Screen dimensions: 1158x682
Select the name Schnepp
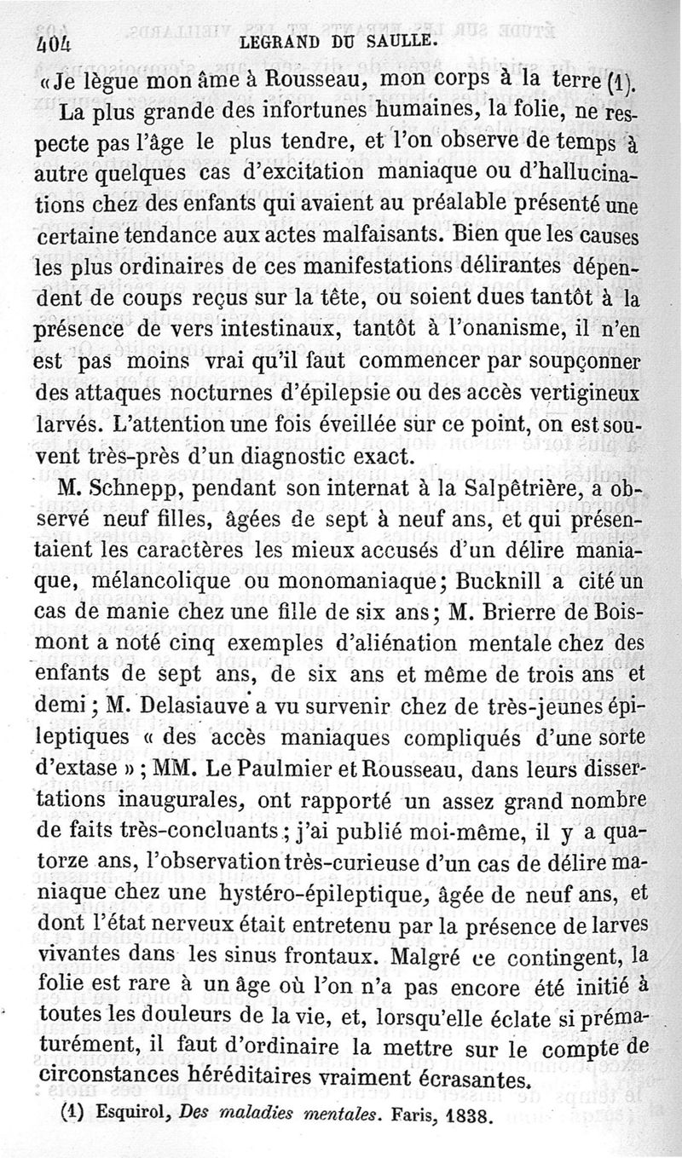pos(137,492)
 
